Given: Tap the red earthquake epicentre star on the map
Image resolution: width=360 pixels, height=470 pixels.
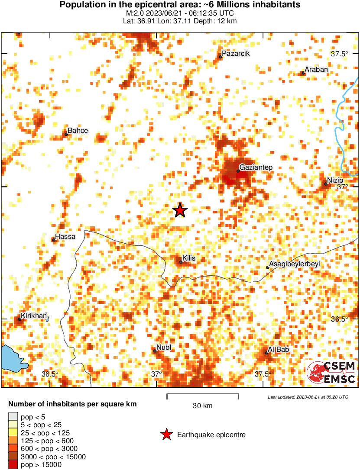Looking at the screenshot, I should tap(180, 210).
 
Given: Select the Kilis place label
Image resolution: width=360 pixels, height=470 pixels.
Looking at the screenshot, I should tap(189, 258).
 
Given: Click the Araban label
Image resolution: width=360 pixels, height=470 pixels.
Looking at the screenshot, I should tap(316, 69).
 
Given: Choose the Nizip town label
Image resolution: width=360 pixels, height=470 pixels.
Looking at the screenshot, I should tap(335, 180).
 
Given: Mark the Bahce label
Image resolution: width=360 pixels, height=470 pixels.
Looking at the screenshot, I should tap(78, 131).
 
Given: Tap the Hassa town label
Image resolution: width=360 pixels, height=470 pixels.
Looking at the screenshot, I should tap(64, 236).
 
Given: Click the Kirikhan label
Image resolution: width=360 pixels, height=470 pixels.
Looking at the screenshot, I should tap(34, 316).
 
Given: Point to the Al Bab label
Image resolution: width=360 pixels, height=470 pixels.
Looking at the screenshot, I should tap(278, 350).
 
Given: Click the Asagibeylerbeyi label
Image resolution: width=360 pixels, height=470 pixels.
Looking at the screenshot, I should tap(294, 264).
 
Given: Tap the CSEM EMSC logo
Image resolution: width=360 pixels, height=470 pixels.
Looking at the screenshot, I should tap(331, 373).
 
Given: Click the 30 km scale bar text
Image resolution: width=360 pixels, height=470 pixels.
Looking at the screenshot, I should tap(202, 406).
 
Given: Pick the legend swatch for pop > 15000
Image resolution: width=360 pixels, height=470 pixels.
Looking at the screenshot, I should tap(13, 465).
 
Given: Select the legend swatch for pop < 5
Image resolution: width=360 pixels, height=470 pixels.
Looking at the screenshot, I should tap(13, 417).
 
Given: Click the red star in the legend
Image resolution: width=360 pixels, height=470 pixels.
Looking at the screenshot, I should tap(166, 435).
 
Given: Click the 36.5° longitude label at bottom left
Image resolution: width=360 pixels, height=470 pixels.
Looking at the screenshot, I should tap(50, 374).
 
